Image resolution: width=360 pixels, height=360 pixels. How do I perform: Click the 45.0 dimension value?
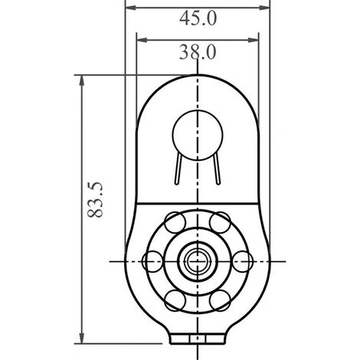pos(198,18)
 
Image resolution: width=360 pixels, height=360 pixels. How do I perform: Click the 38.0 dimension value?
pos(198,52)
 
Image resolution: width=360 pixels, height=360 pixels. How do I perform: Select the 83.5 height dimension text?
pos(95,200)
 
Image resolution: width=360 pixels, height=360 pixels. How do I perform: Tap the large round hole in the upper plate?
pos(198,136)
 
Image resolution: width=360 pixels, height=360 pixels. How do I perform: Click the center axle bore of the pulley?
pos(198,261)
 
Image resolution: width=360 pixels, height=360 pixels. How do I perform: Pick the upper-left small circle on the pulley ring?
pos(175,222)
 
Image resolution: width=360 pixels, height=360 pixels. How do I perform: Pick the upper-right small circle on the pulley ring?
pos(220,222)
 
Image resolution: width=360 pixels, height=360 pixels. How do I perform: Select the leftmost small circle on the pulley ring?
pos(152,261)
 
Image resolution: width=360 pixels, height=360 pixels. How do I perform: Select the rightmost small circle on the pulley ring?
pos(243,261)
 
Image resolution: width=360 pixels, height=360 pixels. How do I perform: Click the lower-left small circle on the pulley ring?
pos(175,300)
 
